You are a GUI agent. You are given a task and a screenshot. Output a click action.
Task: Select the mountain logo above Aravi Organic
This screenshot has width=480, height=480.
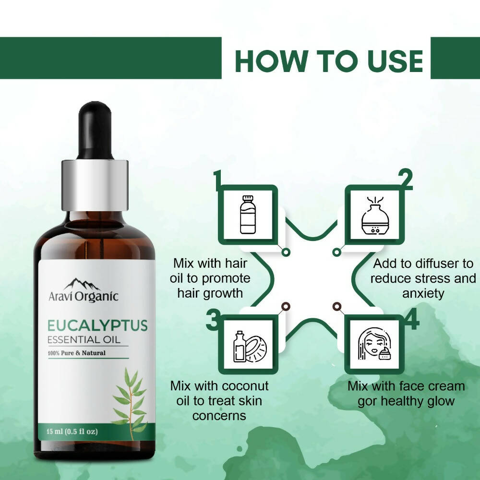point(82,284)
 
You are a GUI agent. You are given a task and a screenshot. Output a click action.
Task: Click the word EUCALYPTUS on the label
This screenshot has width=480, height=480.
point(97,325)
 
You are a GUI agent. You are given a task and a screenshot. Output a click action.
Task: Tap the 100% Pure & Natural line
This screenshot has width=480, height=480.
point(76,353)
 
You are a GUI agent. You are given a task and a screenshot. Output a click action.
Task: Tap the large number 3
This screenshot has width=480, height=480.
point(213,321)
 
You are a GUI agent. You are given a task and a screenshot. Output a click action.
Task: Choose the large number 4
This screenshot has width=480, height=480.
point(411,321)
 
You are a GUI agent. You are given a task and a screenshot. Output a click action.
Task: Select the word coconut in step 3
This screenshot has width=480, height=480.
point(245,386)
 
